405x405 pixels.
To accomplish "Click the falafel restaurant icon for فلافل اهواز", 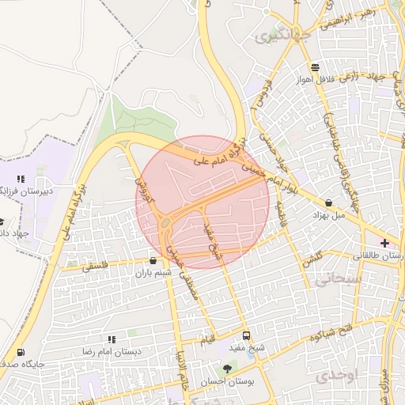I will (316, 67).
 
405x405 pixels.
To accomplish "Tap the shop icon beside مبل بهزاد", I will (329, 203).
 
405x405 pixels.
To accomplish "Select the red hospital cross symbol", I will (384, 243).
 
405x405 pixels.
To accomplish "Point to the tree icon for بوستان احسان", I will (228, 368).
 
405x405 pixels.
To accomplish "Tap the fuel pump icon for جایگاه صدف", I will (20, 353).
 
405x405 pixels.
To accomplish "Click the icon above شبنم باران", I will (153, 260).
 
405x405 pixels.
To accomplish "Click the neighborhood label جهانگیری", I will (274, 36).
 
